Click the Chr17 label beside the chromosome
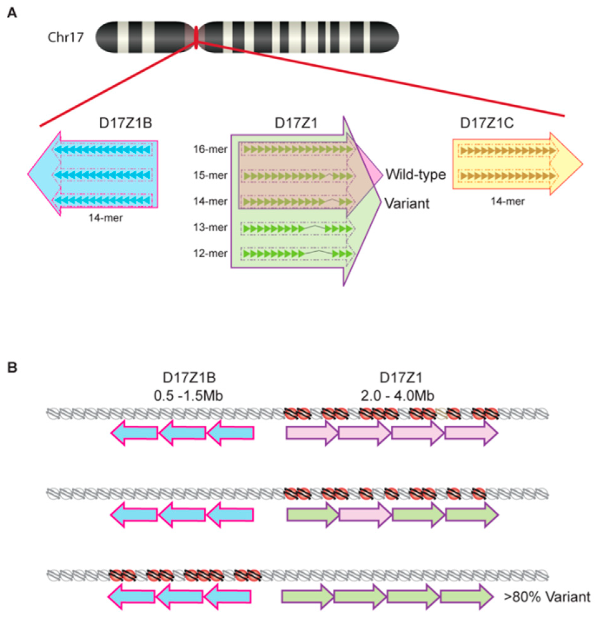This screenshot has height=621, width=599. pyautogui.click(x=66, y=37)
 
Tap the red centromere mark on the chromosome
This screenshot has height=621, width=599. pyautogui.click(x=196, y=37)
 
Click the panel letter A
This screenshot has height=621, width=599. pyautogui.click(x=12, y=13)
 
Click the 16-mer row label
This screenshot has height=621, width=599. pyautogui.click(x=210, y=149)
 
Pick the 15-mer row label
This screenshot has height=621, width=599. pyautogui.click(x=210, y=175)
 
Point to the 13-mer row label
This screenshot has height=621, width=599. pyautogui.click(x=210, y=227)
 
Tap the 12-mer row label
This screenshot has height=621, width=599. pyautogui.click(x=210, y=253)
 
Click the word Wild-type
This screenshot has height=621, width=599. pyautogui.click(x=416, y=174)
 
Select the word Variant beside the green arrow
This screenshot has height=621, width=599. pyautogui.click(x=407, y=203)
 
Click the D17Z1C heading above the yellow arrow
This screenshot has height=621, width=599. pyautogui.click(x=487, y=123)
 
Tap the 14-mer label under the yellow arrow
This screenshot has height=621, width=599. pyautogui.click(x=507, y=201)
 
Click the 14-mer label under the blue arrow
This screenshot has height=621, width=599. pyautogui.click(x=106, y=218)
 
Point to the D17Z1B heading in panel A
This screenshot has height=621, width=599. pyautogui.click(x=126, y=123)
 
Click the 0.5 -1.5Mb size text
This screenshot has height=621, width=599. pyautogui.click(x=188, y=395)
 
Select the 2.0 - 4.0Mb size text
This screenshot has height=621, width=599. pyautogui.click(x=397, y=395)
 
